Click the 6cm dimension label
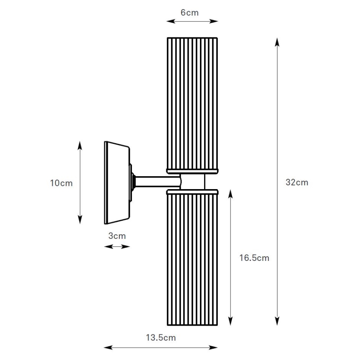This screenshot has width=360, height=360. [190, 12]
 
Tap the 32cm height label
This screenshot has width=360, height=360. [297, 182]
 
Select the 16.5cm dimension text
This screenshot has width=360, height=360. [254, 258]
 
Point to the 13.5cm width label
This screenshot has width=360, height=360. [161, 338]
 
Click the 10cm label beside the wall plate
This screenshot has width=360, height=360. [61, 183]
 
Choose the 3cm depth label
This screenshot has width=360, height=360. [117, 236]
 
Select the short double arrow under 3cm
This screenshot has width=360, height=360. [117, 246]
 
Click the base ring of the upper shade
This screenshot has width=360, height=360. [192, 170]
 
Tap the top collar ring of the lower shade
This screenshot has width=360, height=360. [192, 192]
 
